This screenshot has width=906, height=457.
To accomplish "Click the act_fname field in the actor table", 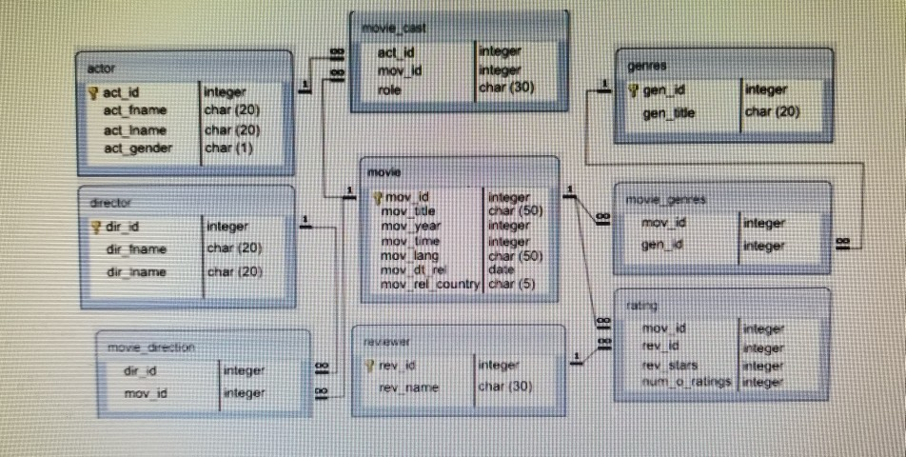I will [134, 111].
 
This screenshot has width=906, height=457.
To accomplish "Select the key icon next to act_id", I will [93, 92].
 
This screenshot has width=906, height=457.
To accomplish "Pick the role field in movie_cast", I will [389, 89].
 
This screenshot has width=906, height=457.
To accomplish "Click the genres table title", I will [646, 66].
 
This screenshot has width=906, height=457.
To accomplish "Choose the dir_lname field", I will [136, 272].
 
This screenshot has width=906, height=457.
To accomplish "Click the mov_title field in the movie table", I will [407, 211].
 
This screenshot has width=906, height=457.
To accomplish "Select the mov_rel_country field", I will [429, 284].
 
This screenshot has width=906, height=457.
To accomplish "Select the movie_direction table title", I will [150, 348].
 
